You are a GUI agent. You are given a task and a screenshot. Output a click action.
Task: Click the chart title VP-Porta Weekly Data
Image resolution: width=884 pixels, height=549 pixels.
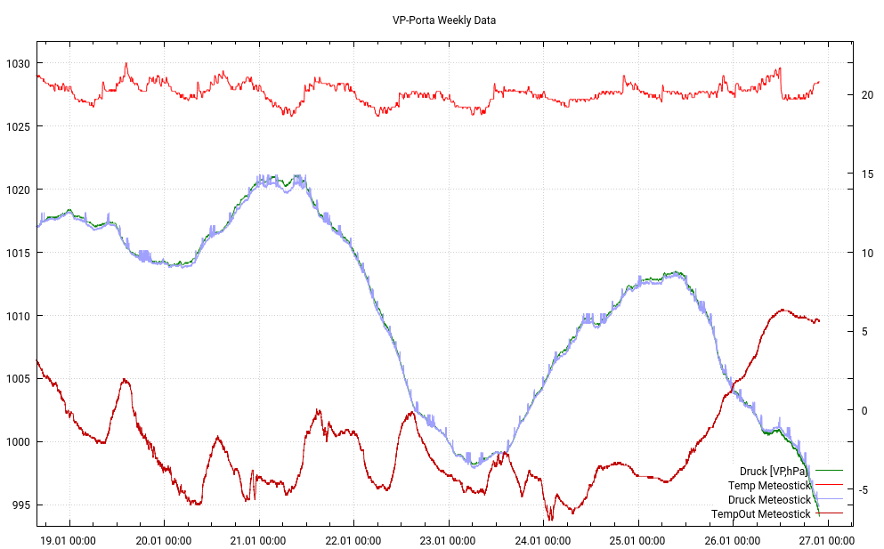(444, 20)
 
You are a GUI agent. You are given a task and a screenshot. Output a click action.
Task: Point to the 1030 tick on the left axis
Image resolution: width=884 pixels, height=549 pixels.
(17, 63)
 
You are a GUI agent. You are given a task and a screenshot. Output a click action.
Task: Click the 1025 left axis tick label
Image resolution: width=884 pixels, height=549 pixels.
(17, 126)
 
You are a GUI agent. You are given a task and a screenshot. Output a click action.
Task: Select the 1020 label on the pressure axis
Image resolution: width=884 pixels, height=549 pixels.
(17, 190)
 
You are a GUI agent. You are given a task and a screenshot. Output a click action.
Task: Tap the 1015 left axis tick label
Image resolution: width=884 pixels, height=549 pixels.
(17, 253)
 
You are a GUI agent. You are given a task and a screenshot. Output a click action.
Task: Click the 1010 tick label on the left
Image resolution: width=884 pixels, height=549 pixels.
(17, 316)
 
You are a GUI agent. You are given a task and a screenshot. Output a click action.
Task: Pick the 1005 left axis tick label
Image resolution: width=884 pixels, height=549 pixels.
(17, 379)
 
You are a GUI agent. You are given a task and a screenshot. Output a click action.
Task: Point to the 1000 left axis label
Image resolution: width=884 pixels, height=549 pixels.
(17, 442)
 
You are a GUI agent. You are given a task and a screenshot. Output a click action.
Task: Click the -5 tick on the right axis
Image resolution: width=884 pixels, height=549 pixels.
(867, 489)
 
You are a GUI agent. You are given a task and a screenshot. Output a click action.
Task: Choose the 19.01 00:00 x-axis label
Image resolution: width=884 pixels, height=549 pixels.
(69, 539)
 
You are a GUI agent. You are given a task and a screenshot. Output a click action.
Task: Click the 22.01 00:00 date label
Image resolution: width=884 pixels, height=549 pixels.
(353, 539)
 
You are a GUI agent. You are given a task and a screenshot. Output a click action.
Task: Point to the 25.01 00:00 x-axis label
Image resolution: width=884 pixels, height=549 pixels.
(638, 539)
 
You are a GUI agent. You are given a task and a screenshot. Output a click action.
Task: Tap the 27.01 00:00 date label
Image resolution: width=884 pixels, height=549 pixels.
(828, 539)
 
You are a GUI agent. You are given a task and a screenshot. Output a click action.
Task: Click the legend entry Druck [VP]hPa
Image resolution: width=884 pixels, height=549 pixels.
(774, 471)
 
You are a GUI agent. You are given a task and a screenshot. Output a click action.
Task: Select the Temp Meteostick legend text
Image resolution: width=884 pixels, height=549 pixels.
(769, 485)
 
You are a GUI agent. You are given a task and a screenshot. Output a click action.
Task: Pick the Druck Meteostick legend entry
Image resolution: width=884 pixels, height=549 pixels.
(769, 499)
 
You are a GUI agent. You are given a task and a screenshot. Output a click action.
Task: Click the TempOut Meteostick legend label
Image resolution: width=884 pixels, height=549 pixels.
(761, 513)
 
